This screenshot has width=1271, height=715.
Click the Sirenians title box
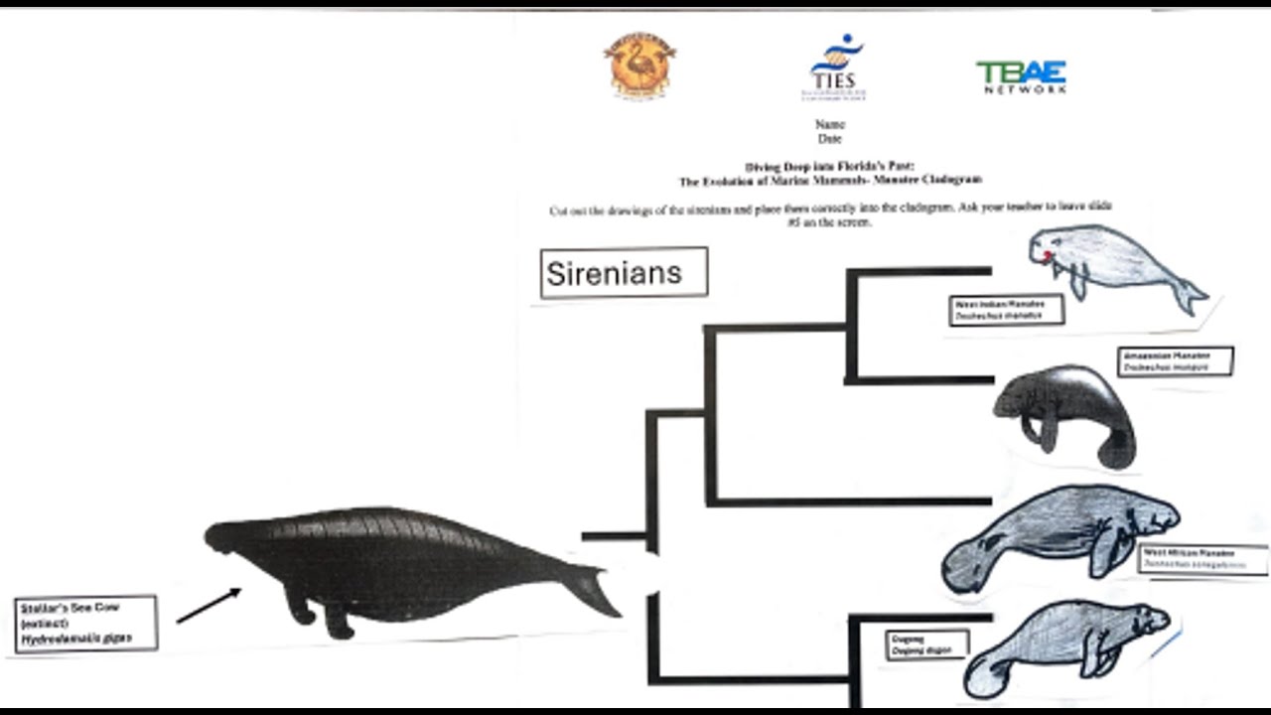(x=624, y=273)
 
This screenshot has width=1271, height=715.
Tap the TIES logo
(x=835, y=67)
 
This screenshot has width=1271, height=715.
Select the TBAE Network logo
(x=1021, y=76)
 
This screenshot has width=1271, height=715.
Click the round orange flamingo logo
(x=639, y=65)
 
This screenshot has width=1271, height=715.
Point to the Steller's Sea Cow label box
(x=86, y=624)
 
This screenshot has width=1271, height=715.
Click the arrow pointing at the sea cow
(x=209, y=606)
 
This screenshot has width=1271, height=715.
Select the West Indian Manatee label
(x=1006, y=310)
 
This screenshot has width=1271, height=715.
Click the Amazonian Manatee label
(x=1176, y=361)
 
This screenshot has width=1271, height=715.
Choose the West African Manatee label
(x=1202, y=559)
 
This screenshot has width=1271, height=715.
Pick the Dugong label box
(x=926, y=644)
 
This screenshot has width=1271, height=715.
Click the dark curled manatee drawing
(x=1064, y=412)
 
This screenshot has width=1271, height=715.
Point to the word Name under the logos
(x=829, y=125)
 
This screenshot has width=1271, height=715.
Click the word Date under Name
(x=829, y=139)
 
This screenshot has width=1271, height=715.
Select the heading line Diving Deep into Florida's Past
(x=829, y=167)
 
